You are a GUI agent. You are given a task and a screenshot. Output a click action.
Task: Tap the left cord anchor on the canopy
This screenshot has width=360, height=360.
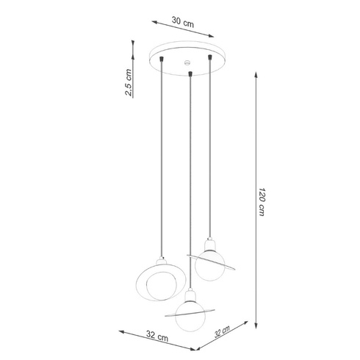coord(162,57)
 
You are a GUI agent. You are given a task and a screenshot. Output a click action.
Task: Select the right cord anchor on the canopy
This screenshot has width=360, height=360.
coord(212,57)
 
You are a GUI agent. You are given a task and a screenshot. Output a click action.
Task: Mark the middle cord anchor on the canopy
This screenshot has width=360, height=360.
coord(190,72)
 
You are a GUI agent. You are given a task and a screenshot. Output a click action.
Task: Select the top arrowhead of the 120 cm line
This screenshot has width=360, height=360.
coord(256,72)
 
